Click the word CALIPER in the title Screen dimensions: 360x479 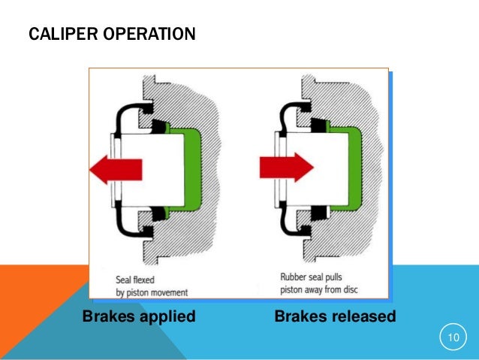point(56,35)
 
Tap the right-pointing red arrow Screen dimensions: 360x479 point(286,165)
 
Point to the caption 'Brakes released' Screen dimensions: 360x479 point(335,316)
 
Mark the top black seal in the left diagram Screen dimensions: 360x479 point(159,124)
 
